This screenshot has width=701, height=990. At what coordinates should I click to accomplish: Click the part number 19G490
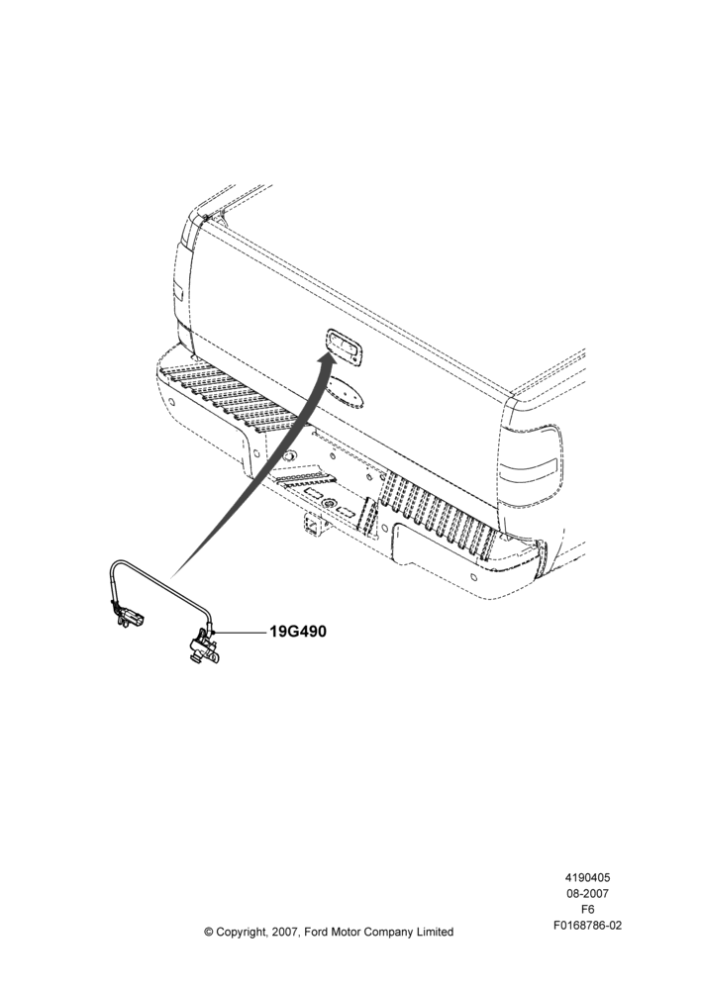pos(298,631)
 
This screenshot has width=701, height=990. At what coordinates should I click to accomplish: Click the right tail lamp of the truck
pos(530,461)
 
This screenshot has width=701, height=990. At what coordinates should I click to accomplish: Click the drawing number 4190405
pos(587,877)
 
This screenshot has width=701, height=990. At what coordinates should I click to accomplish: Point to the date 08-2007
pos(587,893)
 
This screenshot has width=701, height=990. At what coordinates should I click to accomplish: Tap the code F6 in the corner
pos(587,910)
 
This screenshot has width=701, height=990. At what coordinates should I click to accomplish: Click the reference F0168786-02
pos(587,926)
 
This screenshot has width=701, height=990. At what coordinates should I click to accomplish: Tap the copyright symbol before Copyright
pos(209,932)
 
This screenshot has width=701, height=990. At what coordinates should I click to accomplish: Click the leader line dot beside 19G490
pos(216,632)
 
